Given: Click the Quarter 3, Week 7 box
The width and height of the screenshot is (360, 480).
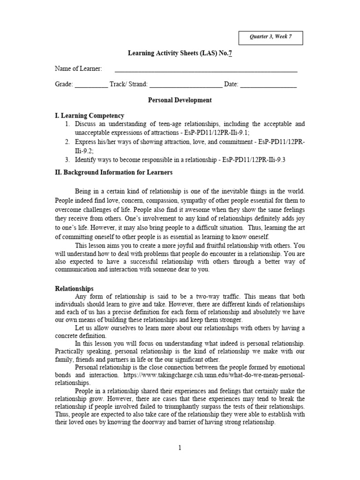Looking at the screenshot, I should pos(271,37).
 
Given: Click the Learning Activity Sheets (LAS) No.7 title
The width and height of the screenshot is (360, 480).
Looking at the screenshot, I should pos(180,53).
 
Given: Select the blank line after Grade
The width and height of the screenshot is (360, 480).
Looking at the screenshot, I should pos(91,85).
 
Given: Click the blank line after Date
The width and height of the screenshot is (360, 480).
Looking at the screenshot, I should pos(269,85).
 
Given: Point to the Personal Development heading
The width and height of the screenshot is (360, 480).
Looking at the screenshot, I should pos(180,100).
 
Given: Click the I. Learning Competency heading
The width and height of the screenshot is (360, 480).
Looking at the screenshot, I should pos(90,116).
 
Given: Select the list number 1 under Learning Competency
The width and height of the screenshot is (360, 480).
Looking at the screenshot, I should pos(67,124).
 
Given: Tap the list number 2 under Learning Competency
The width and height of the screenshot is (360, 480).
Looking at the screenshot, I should pos(67,142).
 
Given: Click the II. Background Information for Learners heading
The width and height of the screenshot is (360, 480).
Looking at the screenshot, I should pos(114,172).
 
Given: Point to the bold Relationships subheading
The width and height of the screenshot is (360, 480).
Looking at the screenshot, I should pos(75,289).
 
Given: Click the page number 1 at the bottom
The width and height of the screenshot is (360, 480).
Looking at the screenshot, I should pos(180,448).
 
